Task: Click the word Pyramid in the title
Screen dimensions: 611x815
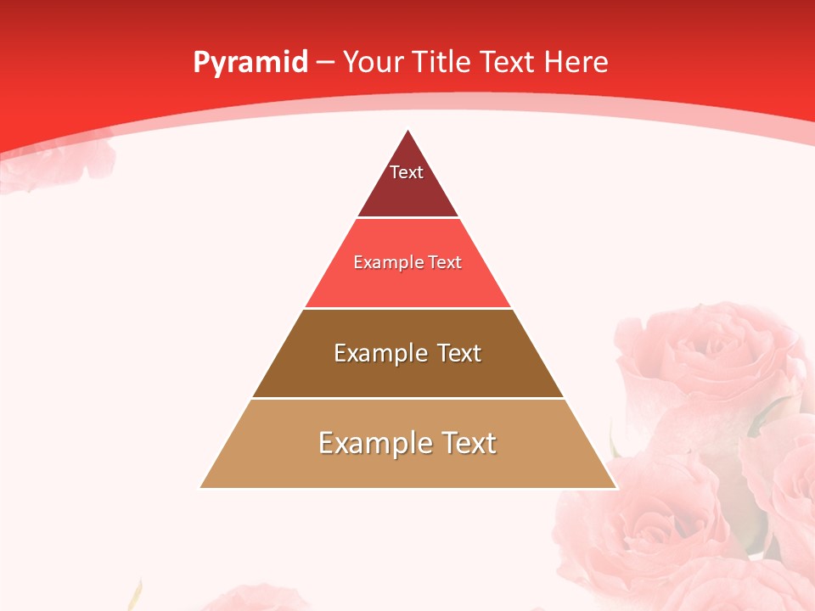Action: pos(250,62)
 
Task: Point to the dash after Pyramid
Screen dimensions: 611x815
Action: pos(325,63)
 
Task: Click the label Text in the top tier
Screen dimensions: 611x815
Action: pos(407,172)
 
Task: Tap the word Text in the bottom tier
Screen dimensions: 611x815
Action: pos(466,443)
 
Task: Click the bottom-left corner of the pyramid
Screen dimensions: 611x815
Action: pos(200,488)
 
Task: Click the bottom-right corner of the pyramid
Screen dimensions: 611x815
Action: pos(616,488)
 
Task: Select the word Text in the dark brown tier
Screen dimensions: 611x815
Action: pos(459,353)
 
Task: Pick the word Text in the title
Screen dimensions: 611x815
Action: pos(508,62)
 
